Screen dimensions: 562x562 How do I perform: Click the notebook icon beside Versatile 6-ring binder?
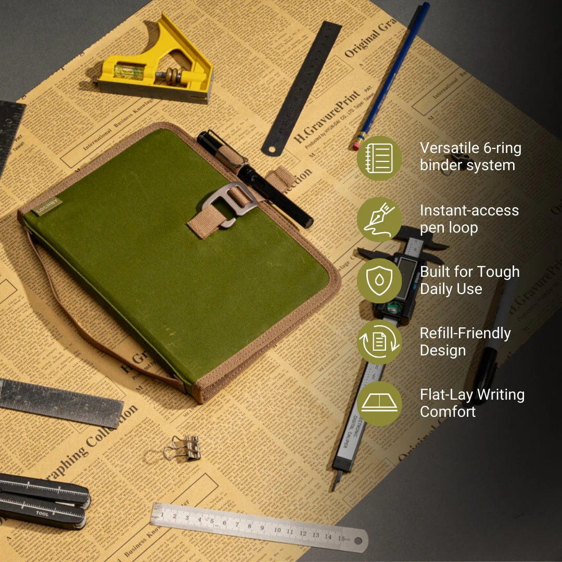[379, 158]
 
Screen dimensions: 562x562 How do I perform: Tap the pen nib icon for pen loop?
[379, 219]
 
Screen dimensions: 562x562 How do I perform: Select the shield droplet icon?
[379, 280]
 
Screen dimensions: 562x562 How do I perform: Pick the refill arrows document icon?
[379, 342]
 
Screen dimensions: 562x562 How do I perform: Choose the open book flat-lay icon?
[379, 403]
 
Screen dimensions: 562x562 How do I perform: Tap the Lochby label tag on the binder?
[47, 207]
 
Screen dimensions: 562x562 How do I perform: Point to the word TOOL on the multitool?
[42, 513]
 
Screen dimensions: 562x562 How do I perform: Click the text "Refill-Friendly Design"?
[465, 341]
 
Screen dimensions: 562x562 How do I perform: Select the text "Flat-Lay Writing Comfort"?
[471, 403]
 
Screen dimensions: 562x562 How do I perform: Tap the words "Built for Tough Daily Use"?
[469, 280]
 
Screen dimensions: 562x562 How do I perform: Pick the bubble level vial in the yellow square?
[129, 72]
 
